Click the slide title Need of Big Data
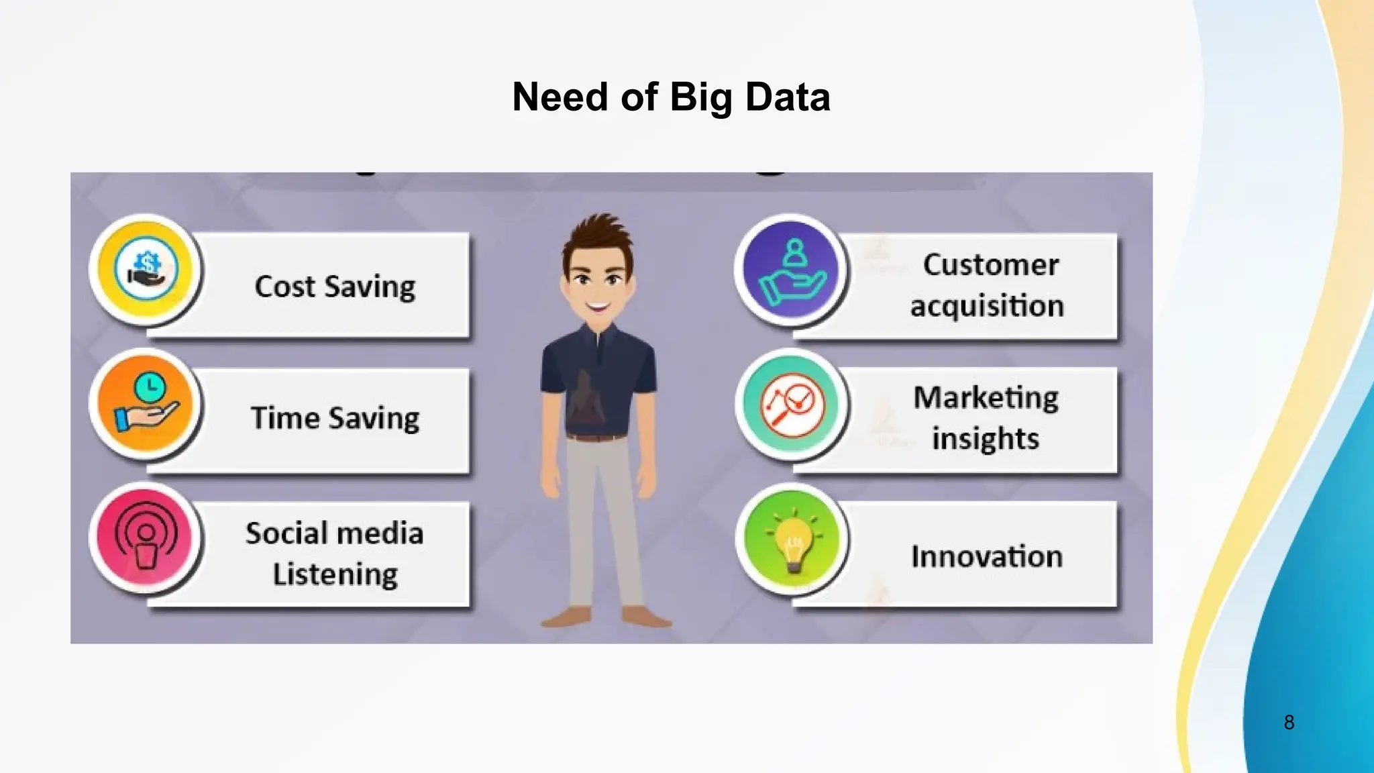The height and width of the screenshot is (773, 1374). [x=671, y=97]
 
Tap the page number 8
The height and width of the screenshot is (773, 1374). [x=1289, y=722]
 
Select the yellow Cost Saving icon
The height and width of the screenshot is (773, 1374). [x=146, y=270]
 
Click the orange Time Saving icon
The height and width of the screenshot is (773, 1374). [x=146, y=404]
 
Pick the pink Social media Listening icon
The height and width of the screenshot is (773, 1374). [x=146, y=538]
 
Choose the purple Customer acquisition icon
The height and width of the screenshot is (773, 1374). [x=792, y=270]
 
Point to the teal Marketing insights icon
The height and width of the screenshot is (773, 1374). [x=792, y=404]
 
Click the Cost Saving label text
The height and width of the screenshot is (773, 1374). [x=335, y=287]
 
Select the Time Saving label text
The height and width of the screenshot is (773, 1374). [x=335, y=419]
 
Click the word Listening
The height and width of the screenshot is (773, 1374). [x=335, y=575]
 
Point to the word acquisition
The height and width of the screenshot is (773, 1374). [x=987, y=307]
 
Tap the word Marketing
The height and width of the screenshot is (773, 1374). [x=986, y=398]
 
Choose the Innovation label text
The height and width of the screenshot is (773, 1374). [x=986, y=557]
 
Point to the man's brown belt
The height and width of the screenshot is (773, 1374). [x=596, y=437]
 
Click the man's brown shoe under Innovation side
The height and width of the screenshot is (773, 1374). [x=645, y=617]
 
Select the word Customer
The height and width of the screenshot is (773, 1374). [x=991, y=265]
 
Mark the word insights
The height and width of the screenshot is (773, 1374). [x=986, y=440]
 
